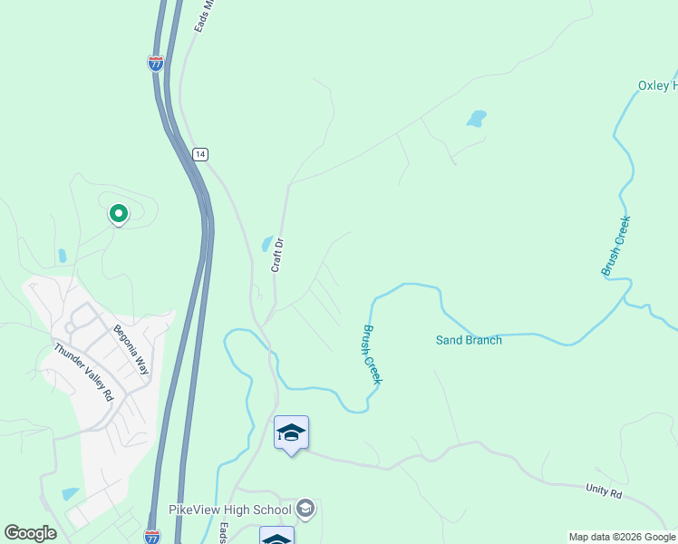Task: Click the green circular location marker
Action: [x=118, y=214]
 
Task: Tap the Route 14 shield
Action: [x=199, y=154]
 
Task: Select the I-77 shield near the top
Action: [x=155, y=63]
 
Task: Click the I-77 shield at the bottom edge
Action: [x=152, y=536]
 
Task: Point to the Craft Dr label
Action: [x=278, y=255]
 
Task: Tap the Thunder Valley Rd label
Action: [x=82, y=372]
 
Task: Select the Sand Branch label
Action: [x=469, y=340]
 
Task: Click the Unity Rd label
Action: [x=604, y=493]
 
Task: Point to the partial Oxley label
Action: [x=657, y=85]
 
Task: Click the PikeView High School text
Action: [x=230, y=510]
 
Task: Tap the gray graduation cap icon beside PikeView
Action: [x=305, y=509]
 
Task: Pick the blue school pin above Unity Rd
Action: [x=291, y=433]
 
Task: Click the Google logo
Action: [x=30, y=533]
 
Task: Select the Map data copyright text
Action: [x=622, y=537]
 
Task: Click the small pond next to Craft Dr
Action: [x=267, y=243]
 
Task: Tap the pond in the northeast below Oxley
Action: [x=476, y=119]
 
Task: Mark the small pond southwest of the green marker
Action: [x=61, y=256]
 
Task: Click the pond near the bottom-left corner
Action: [x=71, y=494]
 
